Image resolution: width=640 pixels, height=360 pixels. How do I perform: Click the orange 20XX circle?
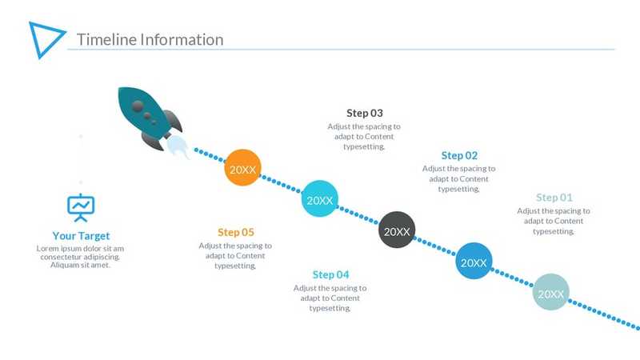(x=242, y=169)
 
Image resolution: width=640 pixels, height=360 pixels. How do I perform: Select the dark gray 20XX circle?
(x=397, y=231)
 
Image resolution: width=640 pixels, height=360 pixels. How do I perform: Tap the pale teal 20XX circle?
(x=551, y=293)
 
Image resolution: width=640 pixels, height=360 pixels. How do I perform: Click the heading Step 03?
(x=364, y=113)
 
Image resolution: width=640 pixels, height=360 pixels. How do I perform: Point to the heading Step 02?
(x=459, y=155)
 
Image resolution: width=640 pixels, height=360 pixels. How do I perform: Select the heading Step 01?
(x=554, y=197)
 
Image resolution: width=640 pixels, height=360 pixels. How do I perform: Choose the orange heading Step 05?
(x=235, y=232)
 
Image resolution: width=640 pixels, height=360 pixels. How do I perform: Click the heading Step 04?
(x=330, y=274)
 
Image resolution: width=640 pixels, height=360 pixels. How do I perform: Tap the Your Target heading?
(x=81, y=236)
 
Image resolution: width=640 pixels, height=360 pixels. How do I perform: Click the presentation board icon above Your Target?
(x=81, y=207)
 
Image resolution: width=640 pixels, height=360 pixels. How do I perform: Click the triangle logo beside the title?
(x=46, y=38)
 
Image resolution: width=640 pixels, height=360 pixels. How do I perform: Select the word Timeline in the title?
(x=105, y=39)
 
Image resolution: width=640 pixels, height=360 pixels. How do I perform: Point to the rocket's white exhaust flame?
(x=178, y=147)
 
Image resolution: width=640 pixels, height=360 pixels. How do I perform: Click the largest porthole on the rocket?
(x=139, y=106)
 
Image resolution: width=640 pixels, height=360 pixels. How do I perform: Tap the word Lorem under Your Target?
(x=50, y=248)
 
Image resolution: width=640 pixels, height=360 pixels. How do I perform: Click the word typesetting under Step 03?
(x=363, y=146)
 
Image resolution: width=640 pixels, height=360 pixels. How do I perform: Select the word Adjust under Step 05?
(x=211, y=246)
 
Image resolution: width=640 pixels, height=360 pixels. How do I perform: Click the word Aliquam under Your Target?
(x=64, y=265)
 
